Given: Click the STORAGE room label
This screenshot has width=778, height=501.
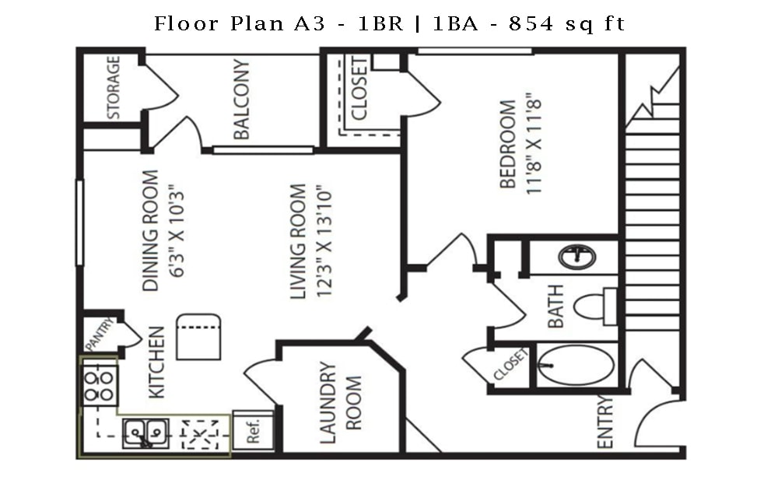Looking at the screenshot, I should coord(114,87).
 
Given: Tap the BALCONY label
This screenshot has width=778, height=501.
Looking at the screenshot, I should coord(242,100).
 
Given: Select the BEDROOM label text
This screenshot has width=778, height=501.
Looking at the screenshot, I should coord(508,144).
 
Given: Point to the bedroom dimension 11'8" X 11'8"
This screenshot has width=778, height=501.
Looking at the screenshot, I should coord(533,144).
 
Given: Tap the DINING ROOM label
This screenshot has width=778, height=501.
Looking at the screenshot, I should coord(150,230).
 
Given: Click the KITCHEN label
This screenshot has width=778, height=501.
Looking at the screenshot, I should coord(156,363).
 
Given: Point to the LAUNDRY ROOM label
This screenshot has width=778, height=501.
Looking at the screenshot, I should coord(340,403).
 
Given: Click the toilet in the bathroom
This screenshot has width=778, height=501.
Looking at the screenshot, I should coord(595,306).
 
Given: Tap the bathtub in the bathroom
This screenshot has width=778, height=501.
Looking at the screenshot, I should coord(576,364).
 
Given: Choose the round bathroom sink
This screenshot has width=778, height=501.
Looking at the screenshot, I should coord(577,257).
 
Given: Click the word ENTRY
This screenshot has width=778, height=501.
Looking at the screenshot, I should coord(605,422).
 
